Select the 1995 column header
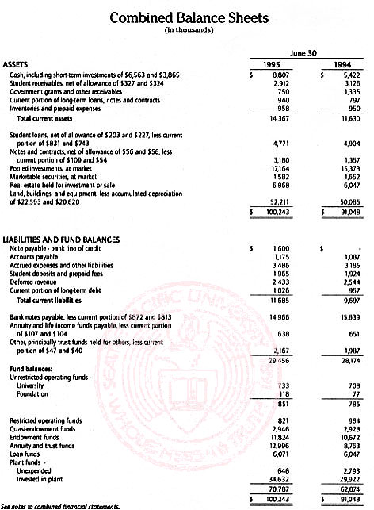point(273,65)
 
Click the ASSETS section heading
point(19,65)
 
